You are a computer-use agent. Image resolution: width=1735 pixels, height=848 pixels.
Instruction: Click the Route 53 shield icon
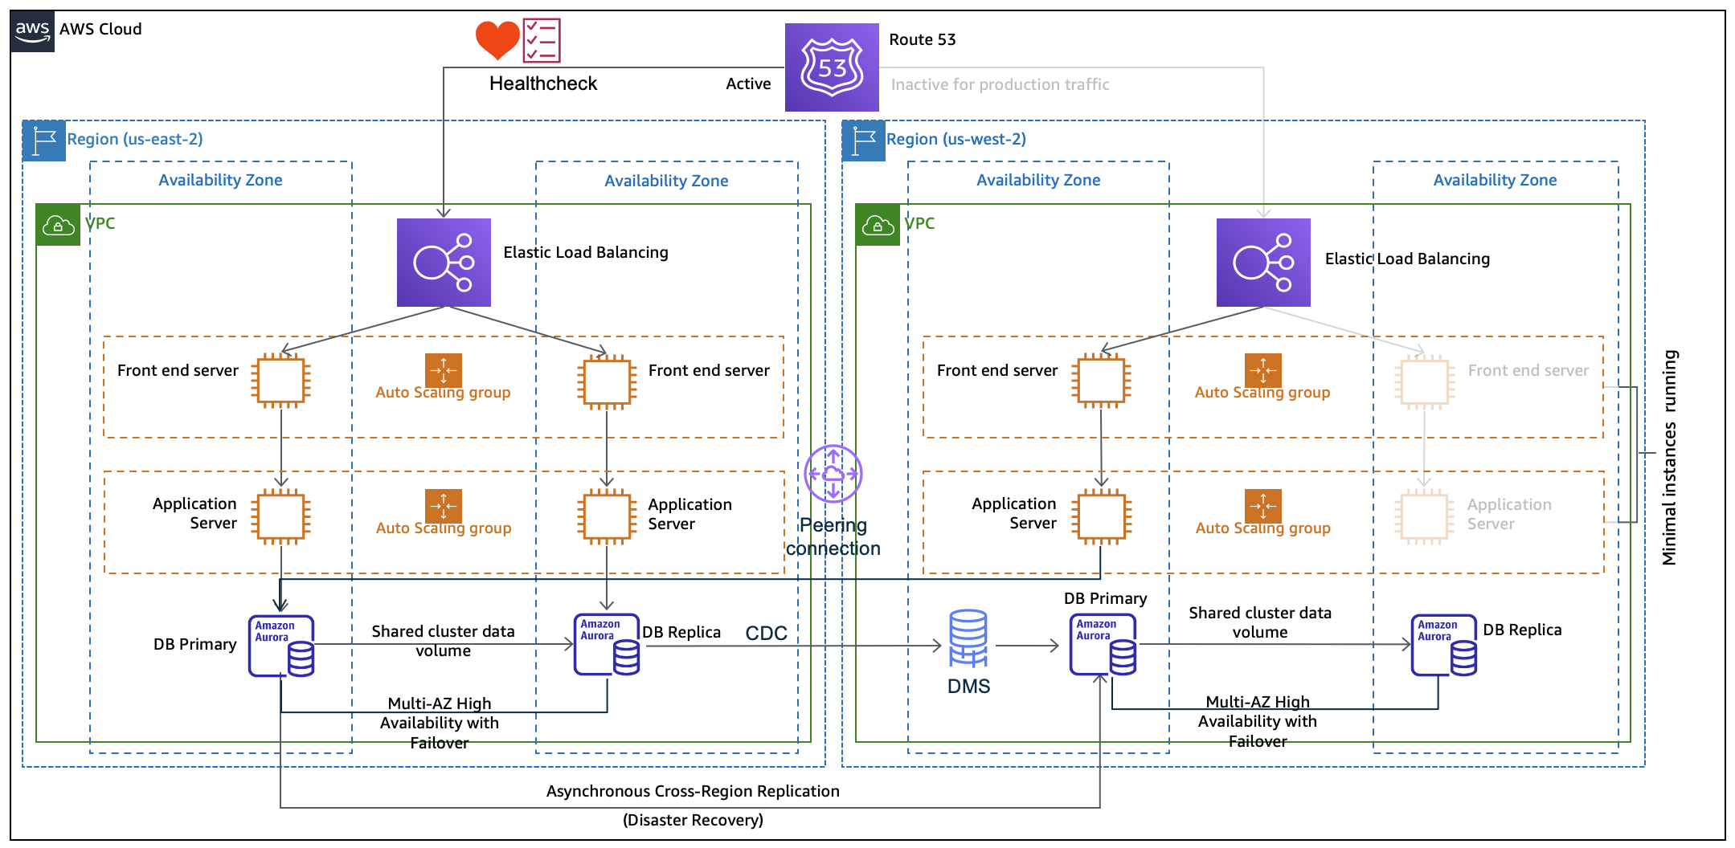832,67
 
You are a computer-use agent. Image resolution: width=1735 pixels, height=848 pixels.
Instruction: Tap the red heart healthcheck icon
497,39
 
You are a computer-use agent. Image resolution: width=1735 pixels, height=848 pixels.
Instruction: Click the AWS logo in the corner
32,31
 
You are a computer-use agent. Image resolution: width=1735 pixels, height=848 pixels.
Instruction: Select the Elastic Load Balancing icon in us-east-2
444,263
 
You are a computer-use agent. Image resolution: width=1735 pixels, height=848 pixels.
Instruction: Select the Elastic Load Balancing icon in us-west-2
1263,263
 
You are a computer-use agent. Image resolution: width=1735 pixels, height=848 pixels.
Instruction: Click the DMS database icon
968,638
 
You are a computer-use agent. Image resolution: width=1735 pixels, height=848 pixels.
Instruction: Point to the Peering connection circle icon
833,474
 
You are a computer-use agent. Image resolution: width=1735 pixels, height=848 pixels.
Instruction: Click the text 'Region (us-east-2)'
135,139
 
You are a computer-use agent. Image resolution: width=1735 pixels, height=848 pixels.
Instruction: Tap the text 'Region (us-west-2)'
956,139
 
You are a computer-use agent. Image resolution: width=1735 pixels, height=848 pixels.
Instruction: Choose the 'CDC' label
766,634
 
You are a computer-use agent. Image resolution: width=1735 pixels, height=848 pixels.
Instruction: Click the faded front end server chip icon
1424,381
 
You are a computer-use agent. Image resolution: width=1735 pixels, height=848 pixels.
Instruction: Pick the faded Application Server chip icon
1424,516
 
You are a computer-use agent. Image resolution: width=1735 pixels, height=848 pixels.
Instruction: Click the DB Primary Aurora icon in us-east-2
281,646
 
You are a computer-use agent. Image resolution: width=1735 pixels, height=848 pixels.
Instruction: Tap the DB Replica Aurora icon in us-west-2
1444,646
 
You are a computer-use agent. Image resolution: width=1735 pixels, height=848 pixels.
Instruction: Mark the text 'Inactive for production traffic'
1000,84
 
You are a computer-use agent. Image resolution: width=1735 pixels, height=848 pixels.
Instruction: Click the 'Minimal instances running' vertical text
1670,458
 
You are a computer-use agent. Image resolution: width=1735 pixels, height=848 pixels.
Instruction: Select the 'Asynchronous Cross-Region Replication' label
693,791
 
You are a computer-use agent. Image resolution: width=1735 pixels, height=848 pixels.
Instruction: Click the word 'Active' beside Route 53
748,84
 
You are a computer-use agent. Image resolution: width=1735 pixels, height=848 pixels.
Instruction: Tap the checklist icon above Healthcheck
542,40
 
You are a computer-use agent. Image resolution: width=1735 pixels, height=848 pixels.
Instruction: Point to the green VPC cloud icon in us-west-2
878,225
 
